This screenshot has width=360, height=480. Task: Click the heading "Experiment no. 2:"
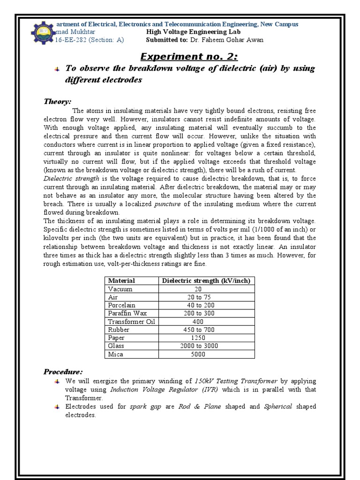[183, 57]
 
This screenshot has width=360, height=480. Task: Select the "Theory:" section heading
[58, 102]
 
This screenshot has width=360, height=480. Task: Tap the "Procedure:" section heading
[63, 372]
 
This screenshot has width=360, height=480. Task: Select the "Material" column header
[121, 281]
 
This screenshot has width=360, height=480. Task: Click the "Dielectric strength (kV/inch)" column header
[206, 281]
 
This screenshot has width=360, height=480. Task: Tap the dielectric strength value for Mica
[198, 354]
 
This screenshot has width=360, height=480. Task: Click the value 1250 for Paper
[199, 338]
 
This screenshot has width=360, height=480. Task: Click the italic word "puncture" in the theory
[167, 204]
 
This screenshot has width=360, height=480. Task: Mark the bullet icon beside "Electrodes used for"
[56, 406]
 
